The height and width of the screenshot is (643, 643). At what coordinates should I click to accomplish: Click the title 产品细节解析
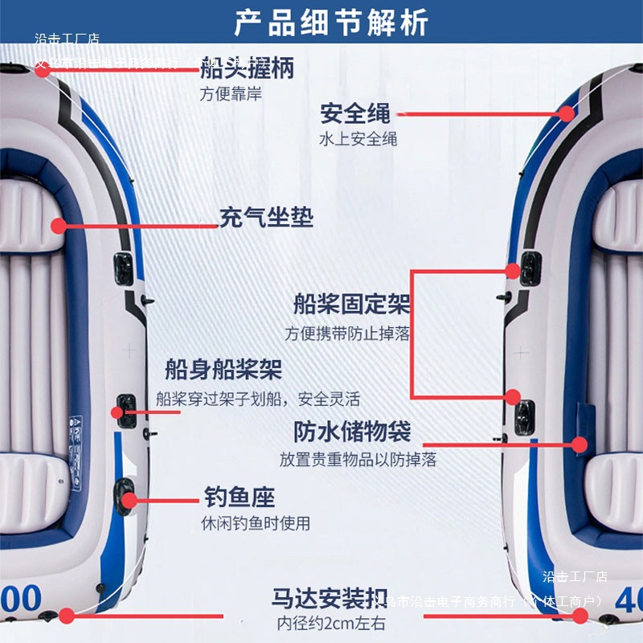coord(331,23)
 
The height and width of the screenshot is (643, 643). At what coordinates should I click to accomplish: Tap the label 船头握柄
coord(247,68)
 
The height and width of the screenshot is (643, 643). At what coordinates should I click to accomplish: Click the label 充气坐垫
coord(266,217)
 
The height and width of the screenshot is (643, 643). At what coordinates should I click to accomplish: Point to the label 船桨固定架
coord(351,305)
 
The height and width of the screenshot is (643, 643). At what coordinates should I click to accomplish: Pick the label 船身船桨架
coord(223,370)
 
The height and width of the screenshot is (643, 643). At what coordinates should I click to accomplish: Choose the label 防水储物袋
coord(352,432)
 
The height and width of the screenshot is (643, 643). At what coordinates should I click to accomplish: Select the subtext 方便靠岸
coord(231,94)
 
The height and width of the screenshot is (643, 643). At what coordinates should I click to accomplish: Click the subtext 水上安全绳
coord(358,138)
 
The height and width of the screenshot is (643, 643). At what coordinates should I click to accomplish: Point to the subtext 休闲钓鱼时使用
coord(255,523)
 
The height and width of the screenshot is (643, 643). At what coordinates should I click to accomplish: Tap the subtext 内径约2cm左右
coord(331,623)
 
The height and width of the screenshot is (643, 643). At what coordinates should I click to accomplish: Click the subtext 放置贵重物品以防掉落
coord(358,460)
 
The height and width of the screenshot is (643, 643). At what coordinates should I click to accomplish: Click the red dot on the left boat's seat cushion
coord(58,226)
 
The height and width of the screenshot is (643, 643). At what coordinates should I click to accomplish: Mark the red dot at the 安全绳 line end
coord(567,114)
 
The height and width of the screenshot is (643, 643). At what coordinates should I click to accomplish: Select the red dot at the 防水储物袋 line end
coord(581,444)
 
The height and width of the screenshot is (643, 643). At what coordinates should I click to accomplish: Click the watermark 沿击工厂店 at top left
coord(67,39)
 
